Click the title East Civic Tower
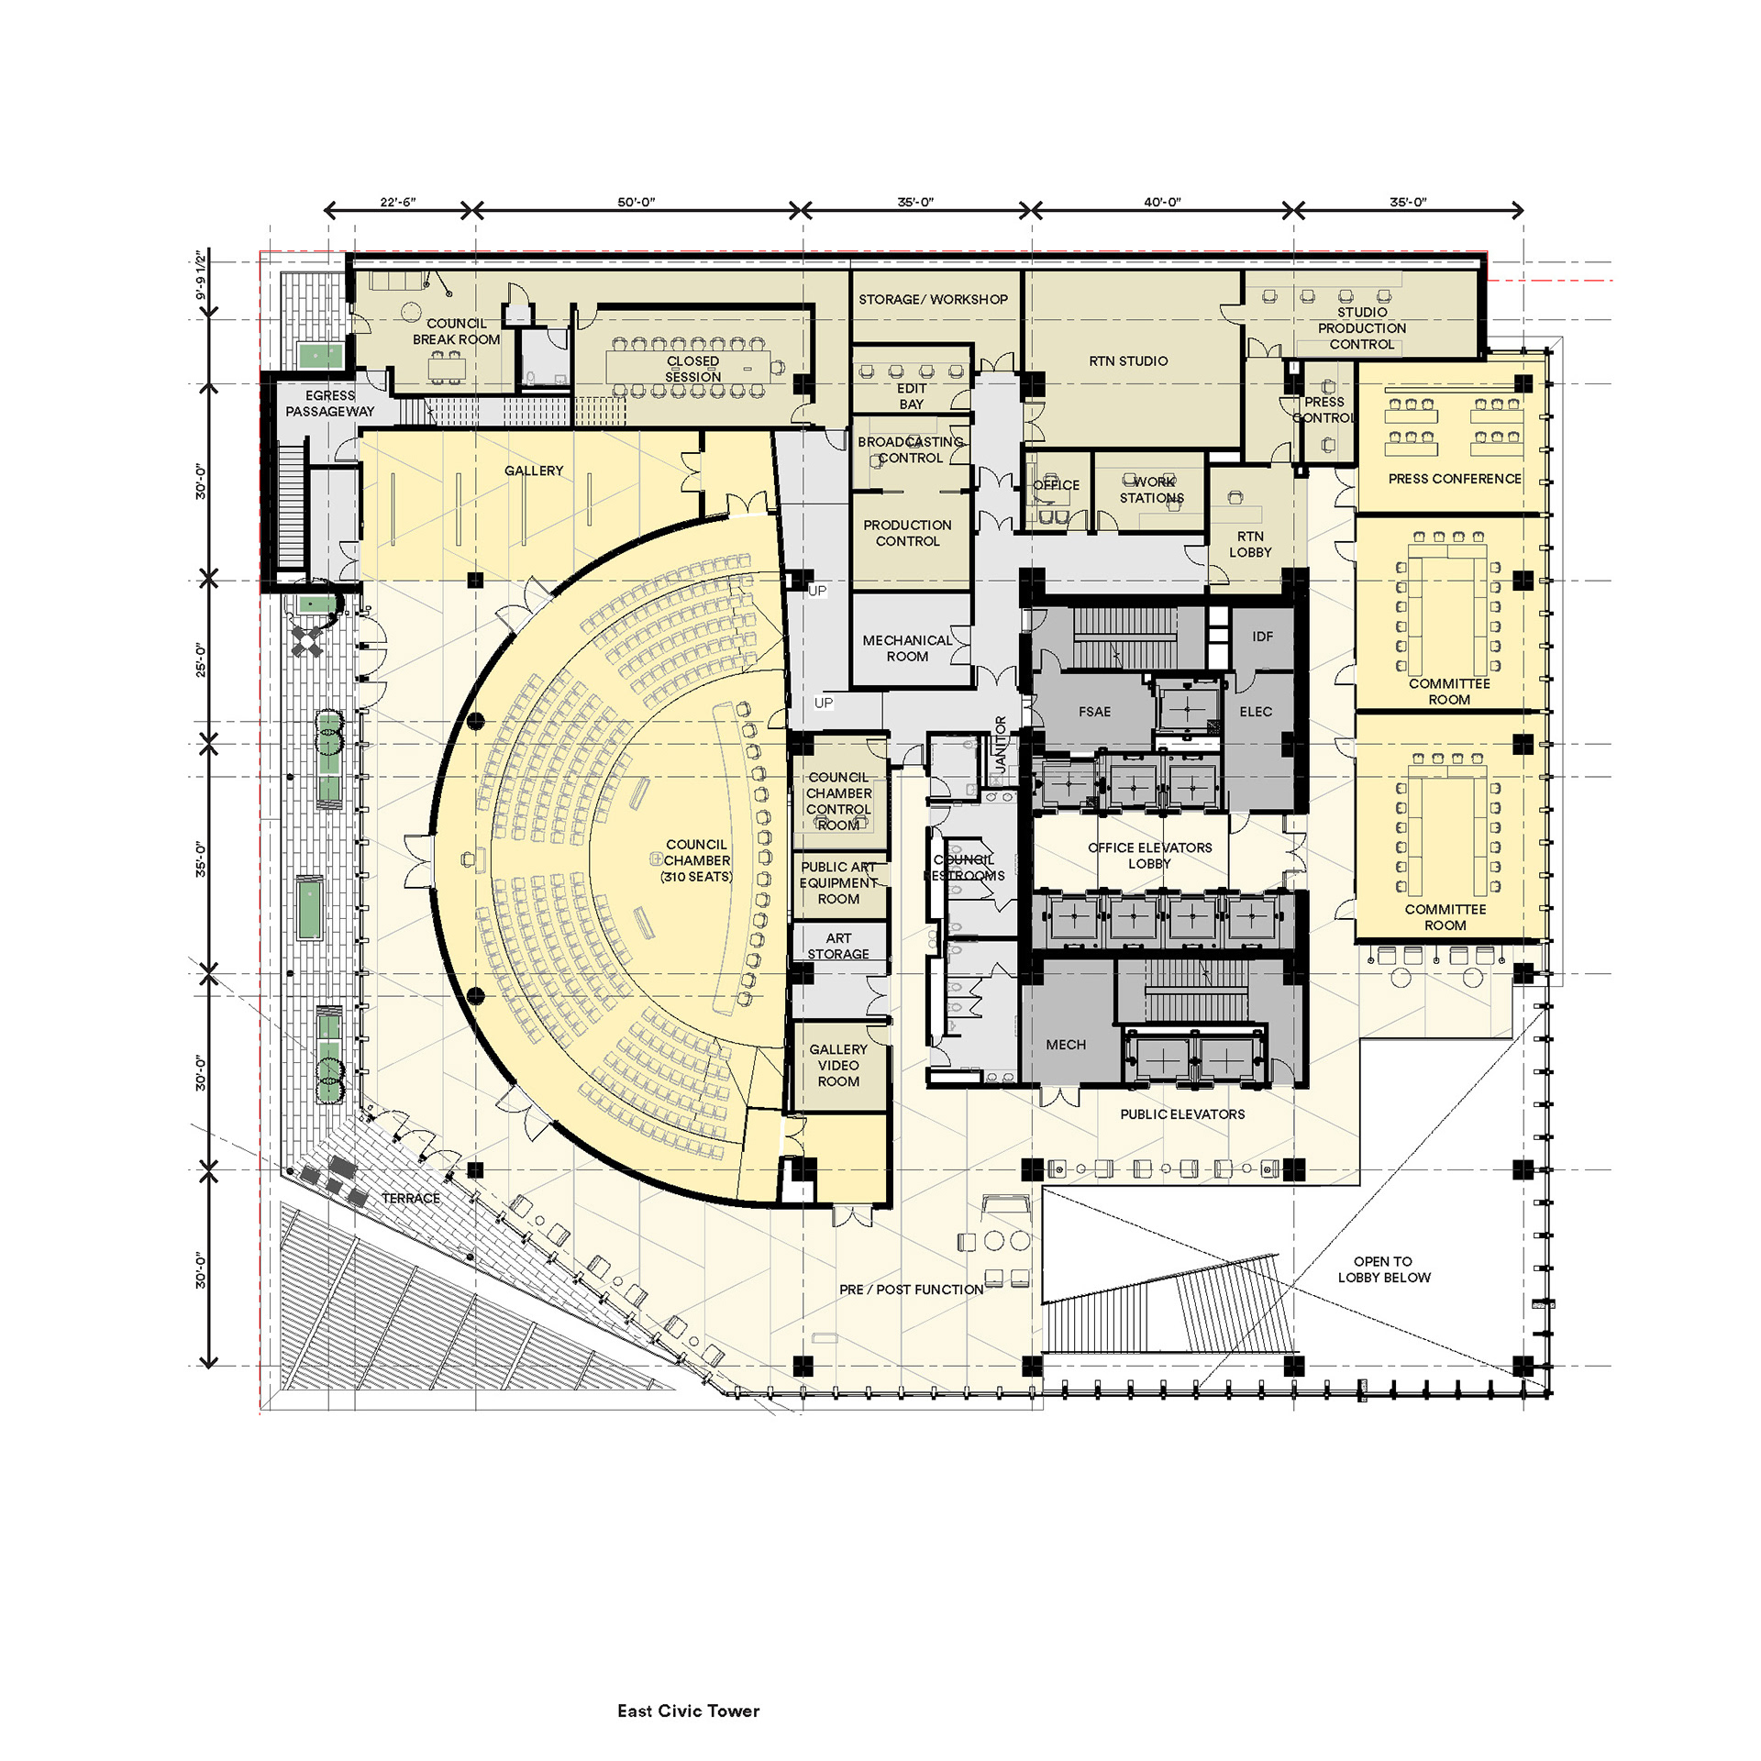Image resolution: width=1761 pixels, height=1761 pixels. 688,1711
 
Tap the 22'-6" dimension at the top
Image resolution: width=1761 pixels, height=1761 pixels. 398,202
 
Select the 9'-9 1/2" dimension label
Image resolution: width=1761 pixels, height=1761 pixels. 201,275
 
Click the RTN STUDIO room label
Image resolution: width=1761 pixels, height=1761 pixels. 1128,361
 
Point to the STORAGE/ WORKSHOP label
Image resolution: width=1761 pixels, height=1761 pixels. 933,299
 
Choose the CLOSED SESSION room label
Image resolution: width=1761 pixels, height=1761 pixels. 692,369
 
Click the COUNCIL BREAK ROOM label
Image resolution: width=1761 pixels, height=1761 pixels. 456,331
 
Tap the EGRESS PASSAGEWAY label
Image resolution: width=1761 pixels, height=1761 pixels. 329,404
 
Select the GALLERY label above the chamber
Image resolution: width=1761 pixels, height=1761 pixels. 534,471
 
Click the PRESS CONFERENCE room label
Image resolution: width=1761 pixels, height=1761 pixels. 1455,479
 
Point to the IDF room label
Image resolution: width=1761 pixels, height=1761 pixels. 1262,637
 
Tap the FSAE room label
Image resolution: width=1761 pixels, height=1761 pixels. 1094,712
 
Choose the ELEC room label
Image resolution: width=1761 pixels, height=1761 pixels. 1256,712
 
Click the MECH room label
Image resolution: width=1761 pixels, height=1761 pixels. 1066,1045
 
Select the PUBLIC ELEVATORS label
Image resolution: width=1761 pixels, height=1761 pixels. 1182,1114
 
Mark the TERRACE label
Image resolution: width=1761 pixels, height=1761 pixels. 411,1199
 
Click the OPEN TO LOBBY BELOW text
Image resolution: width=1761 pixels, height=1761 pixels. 1383,1269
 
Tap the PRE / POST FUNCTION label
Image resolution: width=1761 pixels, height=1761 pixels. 911,1290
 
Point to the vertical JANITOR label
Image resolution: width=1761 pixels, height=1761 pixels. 1001,744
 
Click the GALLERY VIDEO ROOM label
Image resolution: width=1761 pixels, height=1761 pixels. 838,1066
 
